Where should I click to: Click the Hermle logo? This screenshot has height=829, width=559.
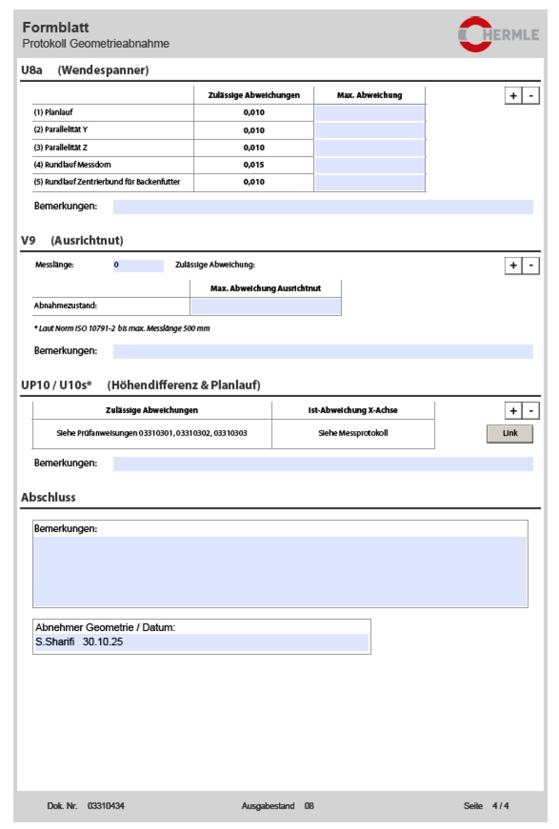pyautogui.click(x=498, y=34)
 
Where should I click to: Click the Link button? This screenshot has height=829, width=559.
pyautogui.click(x=509, y=433)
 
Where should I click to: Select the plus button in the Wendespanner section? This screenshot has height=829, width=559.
pyautogui.click(x=513, y=96)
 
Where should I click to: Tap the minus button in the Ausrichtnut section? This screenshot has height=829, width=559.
pyautogui.click(x=530, y=266)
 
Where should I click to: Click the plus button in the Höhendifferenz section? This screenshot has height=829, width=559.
pyautogui.click(x=513, y=411)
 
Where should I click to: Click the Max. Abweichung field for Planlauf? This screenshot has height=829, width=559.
pyautogui.click(x=369, y=113)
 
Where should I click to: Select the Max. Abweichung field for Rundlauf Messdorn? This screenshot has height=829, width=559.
pyautogui.click(x=369, y=165)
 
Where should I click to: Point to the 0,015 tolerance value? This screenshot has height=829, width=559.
pyautogui.click(x=254, y=165)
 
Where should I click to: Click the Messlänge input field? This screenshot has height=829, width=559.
pyautogui.click(x=138, y=265)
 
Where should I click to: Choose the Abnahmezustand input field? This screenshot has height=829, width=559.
pyautogui.click(x=265, y=306)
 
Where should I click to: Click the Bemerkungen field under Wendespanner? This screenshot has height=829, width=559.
pyautogui.click(x=323, y=207)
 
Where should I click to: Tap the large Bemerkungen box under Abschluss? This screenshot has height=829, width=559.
pyautogui.click(x=280, y=571)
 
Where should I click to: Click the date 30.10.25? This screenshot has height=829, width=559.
pyautogui.click(x=103, y=642)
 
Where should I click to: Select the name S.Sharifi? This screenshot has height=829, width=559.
pyautogui.click(x=55, y=642)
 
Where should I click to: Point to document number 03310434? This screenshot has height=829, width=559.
pyautogui.click(x=106, y=806)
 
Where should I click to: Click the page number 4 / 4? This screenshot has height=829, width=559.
pyautogui.click(x=500, y=806)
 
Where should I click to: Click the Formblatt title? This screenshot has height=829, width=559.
pyautogui.click(x=55, y=27)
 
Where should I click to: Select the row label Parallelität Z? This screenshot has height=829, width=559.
pyautogui.click(x=61, y=148)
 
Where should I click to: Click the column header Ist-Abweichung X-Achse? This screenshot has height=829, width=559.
pyautogui.click(x=353, y=410)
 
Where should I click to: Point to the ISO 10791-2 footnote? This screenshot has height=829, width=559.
pyautogui.click(x=122, y=328)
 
